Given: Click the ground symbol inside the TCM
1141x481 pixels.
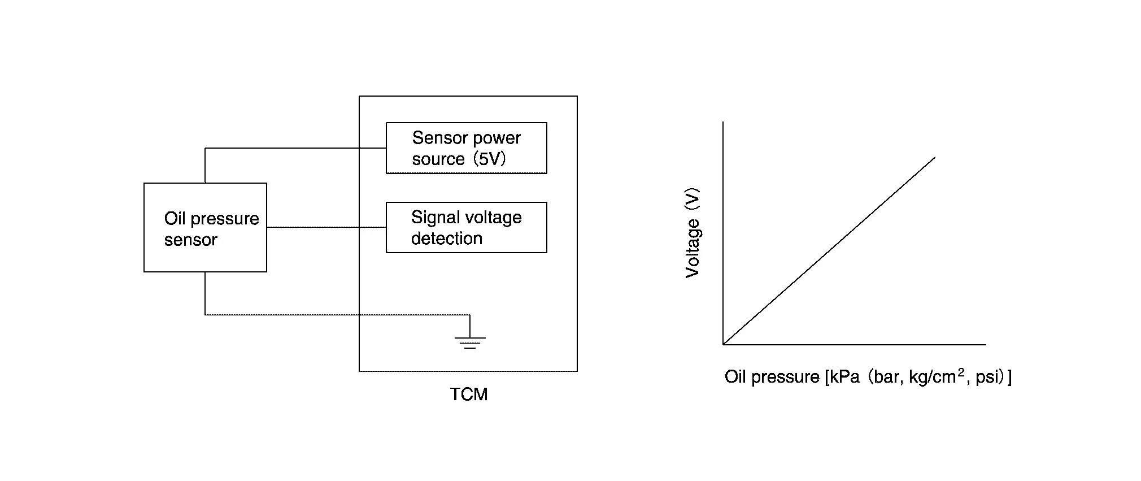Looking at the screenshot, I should click(470, 341).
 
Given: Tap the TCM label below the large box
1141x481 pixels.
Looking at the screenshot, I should click(468, 394).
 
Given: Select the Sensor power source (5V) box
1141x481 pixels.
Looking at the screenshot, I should click(466, 148).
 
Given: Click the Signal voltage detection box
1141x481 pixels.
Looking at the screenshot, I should click(466, 227).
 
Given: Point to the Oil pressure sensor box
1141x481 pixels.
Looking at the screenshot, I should click(205, 227).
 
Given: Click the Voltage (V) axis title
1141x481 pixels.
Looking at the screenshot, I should click(693, 233).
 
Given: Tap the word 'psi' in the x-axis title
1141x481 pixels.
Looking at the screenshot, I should click(987, 377).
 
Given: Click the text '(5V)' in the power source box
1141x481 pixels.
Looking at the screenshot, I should click(489, 159).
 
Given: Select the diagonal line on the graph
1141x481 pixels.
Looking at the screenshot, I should click(829, 250).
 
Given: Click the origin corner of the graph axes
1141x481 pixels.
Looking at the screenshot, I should click(724, 344).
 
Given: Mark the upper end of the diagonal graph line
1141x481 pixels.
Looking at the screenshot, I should click(935, 158).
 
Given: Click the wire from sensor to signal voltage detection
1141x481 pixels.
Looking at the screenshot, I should click(326, 227).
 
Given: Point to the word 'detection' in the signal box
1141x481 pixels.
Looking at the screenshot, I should click(446, 239).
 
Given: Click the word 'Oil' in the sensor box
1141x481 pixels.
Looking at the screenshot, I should click(175, 219).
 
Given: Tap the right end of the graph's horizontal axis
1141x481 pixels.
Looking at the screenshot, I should click(986, 344).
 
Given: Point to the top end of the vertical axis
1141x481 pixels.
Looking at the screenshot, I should click(724, 122).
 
